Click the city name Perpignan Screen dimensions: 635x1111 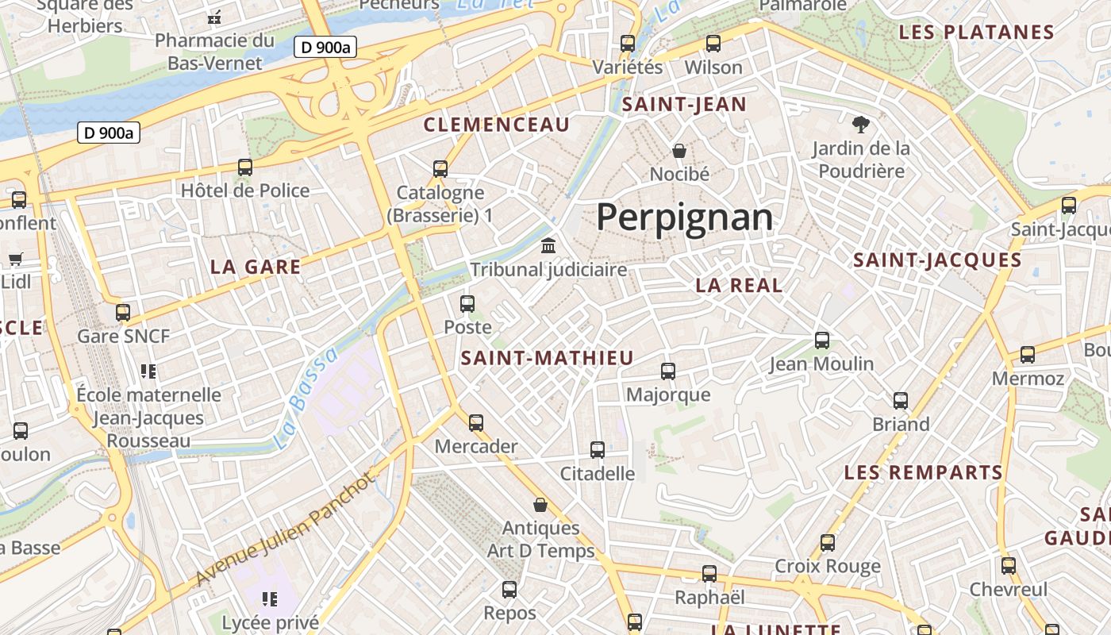684,217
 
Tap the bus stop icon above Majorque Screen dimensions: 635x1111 668,371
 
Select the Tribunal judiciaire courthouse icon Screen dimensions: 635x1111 548,245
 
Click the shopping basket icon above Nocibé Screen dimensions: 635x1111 679,150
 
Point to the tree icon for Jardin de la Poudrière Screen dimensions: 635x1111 860,124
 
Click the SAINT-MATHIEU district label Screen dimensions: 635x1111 548,358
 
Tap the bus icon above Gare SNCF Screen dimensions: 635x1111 123,312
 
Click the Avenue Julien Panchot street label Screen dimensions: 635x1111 284,529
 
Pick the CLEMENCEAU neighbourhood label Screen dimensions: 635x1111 497,125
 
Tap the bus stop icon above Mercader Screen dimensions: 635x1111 476,423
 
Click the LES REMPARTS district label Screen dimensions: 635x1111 924,473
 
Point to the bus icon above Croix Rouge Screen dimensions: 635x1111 828,543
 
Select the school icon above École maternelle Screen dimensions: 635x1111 148,371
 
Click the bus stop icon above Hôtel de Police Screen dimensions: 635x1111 245,167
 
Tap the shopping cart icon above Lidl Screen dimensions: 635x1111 15,258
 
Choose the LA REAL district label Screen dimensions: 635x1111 739,286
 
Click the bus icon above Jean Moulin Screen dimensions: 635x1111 822,341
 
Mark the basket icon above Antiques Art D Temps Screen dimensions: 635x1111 540,505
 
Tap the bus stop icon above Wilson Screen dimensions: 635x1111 713,44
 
